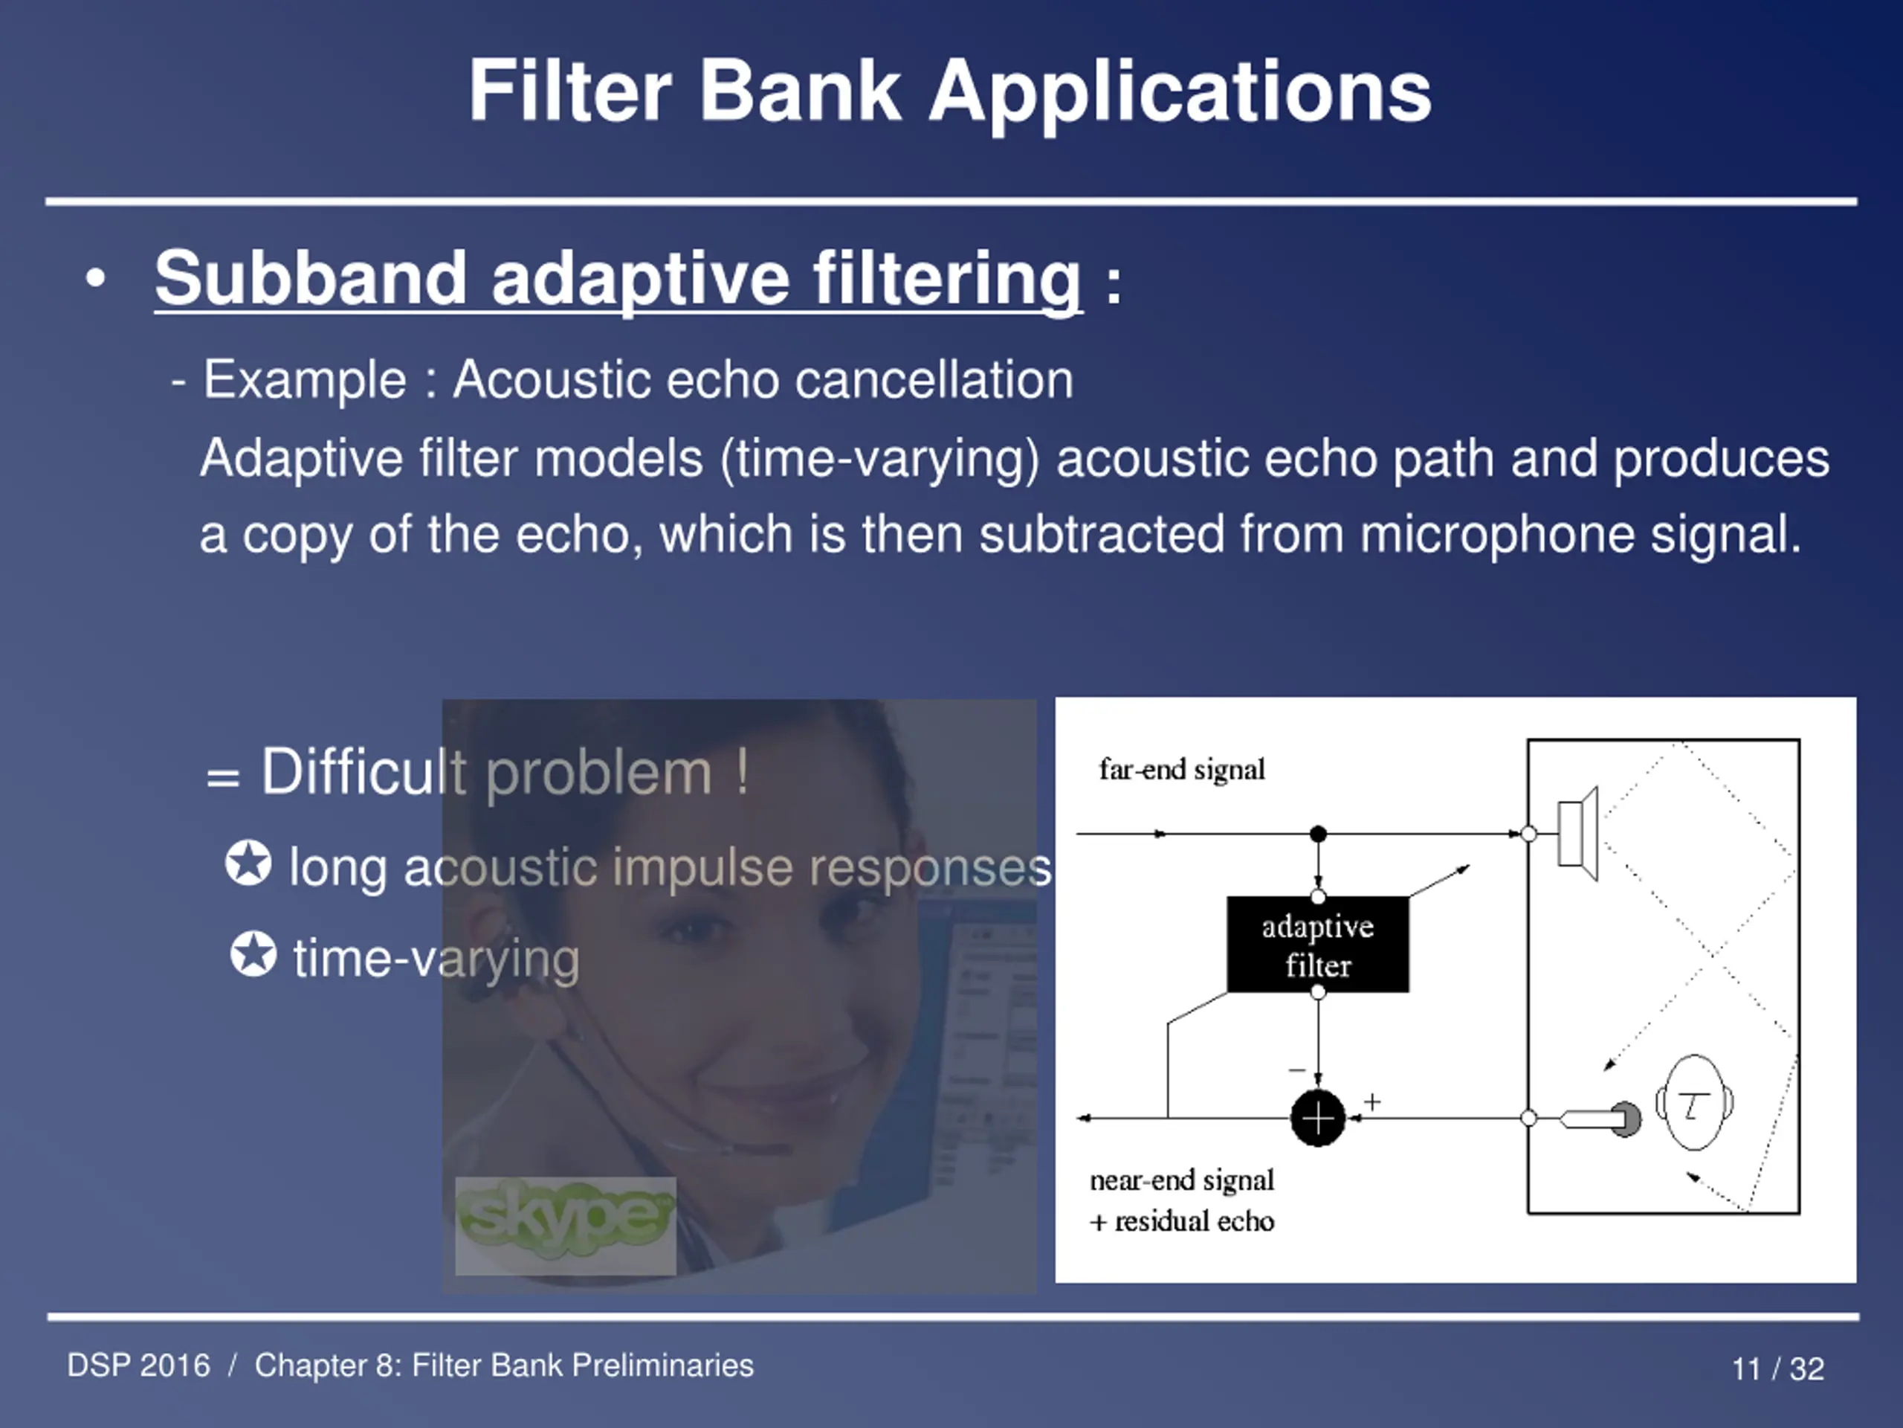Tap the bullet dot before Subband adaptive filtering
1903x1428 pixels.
[x=95, y=278]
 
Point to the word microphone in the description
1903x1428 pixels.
[x=1497, y=535]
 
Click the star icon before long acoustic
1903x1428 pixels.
[x=248, y=863]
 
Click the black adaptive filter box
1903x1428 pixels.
[x=1317, y=945]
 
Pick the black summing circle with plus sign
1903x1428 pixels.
[x=1317, y=1118]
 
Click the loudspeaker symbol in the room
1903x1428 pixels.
[x=1578, y=833]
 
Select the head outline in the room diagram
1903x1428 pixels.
[x=1694, y=1103]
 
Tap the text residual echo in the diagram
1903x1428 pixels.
[x=1194, y=1221]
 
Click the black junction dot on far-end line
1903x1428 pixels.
[x=1317, y=833]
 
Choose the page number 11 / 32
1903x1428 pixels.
[x=1777, y=1368]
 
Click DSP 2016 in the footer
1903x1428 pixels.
[x=138, y=1366]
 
